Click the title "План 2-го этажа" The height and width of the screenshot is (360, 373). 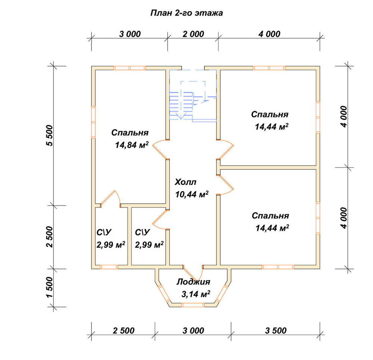[186, 13]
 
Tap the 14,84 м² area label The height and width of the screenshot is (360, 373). [132, 145]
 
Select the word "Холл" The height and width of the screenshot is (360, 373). [185, 182]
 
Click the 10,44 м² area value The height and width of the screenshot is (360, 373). [192, 194]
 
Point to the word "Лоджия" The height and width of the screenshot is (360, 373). [193, 282]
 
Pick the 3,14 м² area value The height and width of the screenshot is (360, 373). [196, 294]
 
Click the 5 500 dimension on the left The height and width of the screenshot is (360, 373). [50, 135]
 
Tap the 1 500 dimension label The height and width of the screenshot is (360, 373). [50, 287]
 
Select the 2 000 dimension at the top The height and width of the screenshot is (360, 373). [193, 34]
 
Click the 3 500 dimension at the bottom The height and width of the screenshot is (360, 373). [276, 331]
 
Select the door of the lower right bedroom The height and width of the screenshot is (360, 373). [225, 185]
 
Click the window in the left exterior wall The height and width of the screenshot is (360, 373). [93, 122]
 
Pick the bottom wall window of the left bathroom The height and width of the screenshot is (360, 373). [109, 267]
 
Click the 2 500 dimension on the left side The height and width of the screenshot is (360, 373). [50, 237]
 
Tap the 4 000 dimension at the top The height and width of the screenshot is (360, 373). [269, 34]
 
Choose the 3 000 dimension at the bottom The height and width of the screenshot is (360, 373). [193, 331]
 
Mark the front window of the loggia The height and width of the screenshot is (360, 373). [193, 305]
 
